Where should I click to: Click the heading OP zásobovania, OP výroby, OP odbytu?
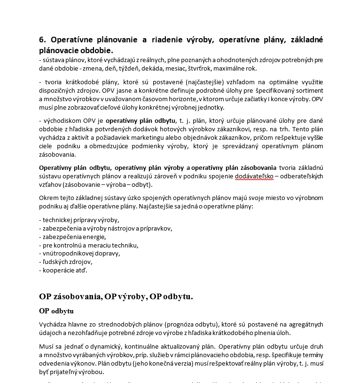point(116,296)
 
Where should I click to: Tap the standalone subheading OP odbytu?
point(56,311)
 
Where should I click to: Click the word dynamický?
point(91,346)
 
